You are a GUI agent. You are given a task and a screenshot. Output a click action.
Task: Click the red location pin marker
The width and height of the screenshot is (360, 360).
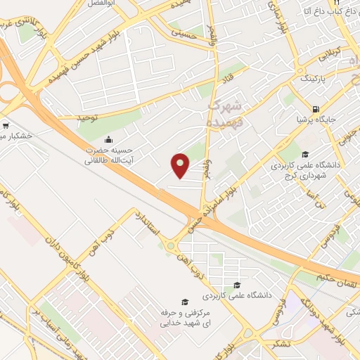(181, 165)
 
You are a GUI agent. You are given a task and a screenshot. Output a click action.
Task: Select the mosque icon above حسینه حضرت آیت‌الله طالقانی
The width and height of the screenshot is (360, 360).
(108, 139)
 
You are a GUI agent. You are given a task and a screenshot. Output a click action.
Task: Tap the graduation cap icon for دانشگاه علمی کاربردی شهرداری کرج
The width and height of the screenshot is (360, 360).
(304, 155)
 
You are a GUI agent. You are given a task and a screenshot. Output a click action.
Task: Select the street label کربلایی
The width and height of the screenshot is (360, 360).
(330, 54)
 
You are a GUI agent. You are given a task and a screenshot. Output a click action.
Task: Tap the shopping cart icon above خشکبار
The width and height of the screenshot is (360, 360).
(5, 126)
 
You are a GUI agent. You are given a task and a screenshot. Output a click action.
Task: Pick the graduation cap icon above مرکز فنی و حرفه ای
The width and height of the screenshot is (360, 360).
(184, 301)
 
